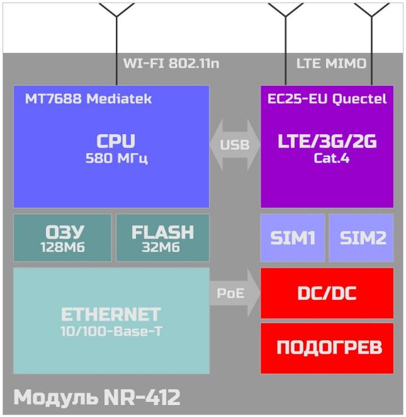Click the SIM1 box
click(293, 237)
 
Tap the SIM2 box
click(361, 237)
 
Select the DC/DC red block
click(327, 293)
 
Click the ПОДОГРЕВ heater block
click(327, 348)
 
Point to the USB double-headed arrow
click(235, 145)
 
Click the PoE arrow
click(235, 293)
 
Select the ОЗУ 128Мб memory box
click(62, 237)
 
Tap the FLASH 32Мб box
click(162, 237)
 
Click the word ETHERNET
click(111, 314)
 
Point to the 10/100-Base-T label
click(111, 331)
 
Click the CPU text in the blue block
click(116, 141)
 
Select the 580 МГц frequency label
click(116, 158)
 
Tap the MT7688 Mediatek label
click(88, 99)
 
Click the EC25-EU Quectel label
click(327, 99)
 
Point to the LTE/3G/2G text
click(327, 141)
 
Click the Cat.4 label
click(331, 158)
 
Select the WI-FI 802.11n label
click(171, 63)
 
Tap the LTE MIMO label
click(331, 63)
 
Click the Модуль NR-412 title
click(97, 397)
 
